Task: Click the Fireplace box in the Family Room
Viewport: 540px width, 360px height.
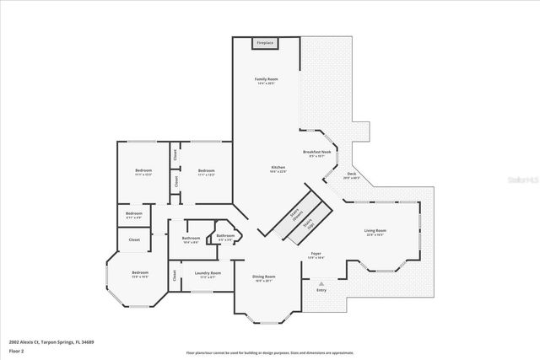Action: pyautogui.click(x=266, y=42)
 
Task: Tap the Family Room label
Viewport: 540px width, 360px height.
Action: pyautogui.click(x=267, y=79)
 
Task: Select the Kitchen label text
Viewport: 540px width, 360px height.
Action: pyautogui.click(x=278, y=168)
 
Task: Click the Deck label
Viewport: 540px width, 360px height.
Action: pyautogui.click(x=351, y=175)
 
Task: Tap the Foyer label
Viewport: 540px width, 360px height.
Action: pyautogui.click(x=316, y=254)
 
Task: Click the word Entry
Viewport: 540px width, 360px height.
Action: pyautogui.click(x=321, y=291)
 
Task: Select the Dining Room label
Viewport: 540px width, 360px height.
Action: pyautogui.click(x=265, y=277)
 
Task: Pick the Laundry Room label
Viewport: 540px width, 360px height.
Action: pyautogui.click(x=208, y=273)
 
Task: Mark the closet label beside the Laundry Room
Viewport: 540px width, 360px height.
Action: pyautogui.click(x=175, y=276)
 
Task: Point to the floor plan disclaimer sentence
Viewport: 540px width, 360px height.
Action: pyautogui.click(x=269, y=352)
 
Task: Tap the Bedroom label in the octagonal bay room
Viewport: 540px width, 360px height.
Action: pyautogui.click(x=139, y=272)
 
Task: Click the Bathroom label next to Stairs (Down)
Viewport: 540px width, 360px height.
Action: pyautogui.click(x=225, y=236)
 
